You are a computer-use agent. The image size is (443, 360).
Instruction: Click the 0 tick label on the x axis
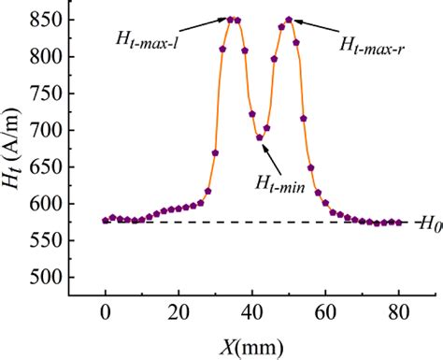click(106, 313)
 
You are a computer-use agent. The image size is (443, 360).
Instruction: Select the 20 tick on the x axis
click(179, 313)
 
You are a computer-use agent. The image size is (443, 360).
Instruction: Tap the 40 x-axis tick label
click(252, 313)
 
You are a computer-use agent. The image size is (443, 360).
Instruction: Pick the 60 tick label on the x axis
click(325, 313)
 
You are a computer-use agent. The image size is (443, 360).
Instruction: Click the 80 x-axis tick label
click(399, 313)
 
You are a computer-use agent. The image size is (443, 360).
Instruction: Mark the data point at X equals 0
click(106, 221)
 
